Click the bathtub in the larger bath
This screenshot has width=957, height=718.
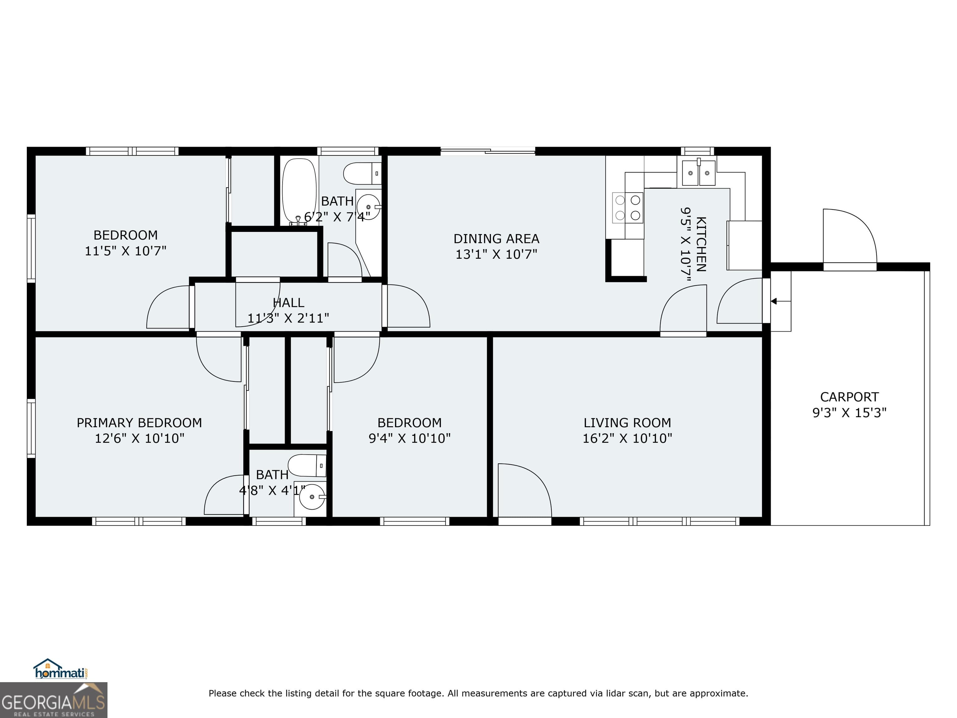point(299,190)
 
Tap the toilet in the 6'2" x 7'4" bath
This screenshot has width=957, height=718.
point(362,174)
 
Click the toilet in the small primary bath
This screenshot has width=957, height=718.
point(307,466)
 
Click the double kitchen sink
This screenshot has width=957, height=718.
point(698,173)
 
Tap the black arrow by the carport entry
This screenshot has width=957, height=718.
point(774,301)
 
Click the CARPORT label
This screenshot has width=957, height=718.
point(849,397)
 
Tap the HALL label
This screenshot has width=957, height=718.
point(288,303)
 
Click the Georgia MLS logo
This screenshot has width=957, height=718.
point(53,700)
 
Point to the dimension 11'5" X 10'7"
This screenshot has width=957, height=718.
point(126,251)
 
